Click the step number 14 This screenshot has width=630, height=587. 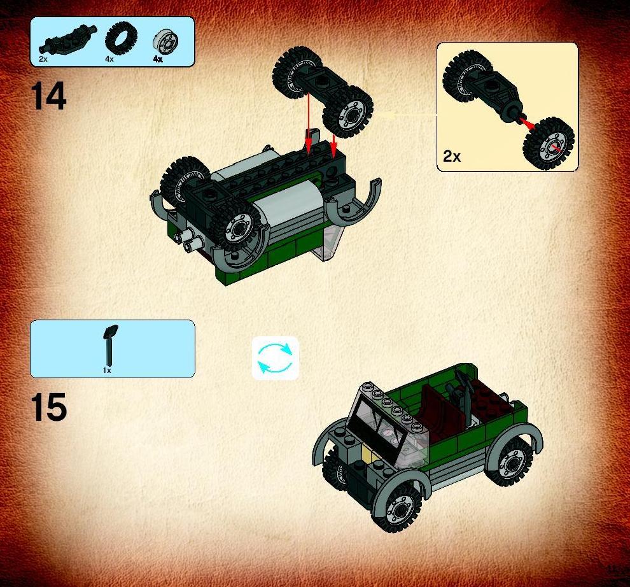click(x=48, y=96)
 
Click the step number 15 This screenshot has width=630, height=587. click(x=48, y=407)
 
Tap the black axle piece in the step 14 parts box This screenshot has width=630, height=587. click(x=68, y=39)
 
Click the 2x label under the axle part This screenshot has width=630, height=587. click(x=43, y=59)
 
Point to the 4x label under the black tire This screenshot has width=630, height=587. click(x=109, y=59)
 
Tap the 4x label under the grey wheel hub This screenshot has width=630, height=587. click(x=158, y=59)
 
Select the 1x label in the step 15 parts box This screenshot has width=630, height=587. click(x=107, y=371)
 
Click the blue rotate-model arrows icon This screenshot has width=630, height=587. click(x=275, y=357)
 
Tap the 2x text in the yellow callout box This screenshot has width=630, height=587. click(x=452, y=156)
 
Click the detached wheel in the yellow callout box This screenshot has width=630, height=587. click(x=549, y=144)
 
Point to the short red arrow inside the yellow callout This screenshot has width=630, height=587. click(x=527, y=122)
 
